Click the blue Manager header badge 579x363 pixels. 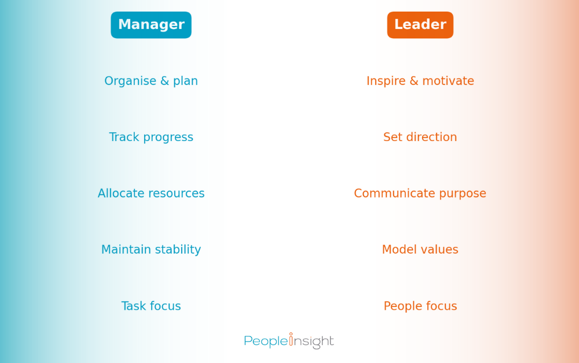[x=151, y=25]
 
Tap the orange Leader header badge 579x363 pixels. [x=420, y=25]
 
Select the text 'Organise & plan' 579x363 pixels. [x=151, y=81]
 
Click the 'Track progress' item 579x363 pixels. [x=151, y=137]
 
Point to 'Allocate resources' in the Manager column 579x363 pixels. [x=151, y=193]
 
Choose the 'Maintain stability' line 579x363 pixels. [x=151, y=250]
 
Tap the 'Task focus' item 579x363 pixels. [x=151, y=306]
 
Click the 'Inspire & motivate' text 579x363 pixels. [x=420, y=81]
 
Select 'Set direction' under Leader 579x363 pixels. [x=420, y=137]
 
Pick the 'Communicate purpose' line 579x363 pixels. [x=420, y=193]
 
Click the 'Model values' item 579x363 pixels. [x=420, y=250]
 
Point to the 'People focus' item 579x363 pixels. [x=420, y=306]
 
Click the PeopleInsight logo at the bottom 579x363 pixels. [x=289, y=341]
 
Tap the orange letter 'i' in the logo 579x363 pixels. [x=291, y=340]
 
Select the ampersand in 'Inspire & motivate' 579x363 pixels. [x=413, y=81]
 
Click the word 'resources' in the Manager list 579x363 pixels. [x=177, y=193]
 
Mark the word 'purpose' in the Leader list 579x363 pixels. [x=463, y=194]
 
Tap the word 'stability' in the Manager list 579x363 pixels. [x=178, y=250]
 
